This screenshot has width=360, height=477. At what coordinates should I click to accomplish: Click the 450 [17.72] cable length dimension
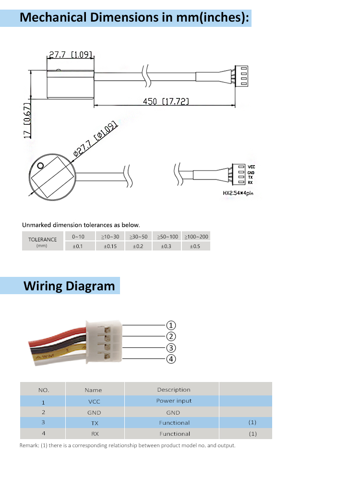(166, 101)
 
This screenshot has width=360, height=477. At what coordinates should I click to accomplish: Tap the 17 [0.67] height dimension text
(27, 120)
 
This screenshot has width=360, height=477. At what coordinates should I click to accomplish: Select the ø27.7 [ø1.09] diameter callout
(95, 138)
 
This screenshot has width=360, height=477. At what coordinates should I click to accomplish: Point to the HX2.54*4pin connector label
(238, 193)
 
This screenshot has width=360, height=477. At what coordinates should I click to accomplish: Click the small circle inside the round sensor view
(40, 166)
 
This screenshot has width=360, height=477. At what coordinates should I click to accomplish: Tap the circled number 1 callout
(171, 325)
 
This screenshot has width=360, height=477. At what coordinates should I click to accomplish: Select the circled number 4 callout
(171, 359)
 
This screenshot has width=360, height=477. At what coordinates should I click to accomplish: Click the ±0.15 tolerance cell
(110, 246)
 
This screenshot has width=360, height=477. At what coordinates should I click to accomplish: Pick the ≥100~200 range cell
(196, 237)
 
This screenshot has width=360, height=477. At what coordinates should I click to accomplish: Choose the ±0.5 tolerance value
(195, 246)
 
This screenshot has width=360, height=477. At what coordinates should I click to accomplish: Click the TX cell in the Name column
(95, 423)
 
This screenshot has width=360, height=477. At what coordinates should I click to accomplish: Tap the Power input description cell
(174, 401)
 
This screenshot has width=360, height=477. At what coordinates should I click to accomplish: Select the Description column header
(174, 389)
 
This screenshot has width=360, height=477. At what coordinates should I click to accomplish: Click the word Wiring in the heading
(43, 286)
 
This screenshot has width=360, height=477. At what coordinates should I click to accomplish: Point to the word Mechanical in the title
(53, 17)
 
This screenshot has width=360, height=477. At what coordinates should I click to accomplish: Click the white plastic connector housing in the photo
(104, 341)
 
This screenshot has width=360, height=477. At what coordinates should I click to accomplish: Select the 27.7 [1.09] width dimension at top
(71, 54)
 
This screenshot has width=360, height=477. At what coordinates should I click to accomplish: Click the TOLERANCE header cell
(43, 241)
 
